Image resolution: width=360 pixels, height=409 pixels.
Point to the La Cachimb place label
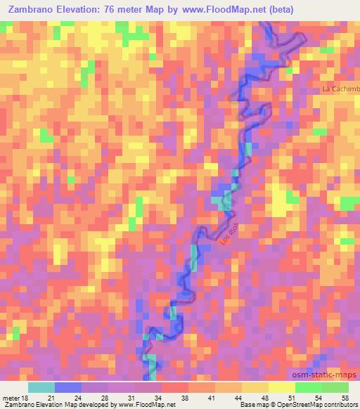coord(340,89)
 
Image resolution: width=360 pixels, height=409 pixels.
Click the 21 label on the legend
coord(60,398)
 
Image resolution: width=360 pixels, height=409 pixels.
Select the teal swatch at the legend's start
coord(41,387)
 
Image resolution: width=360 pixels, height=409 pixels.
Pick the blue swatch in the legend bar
coord(68,387)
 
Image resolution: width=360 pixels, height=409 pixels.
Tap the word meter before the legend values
coord(10,398)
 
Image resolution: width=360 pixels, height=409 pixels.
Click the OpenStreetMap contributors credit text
coord(323,405)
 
